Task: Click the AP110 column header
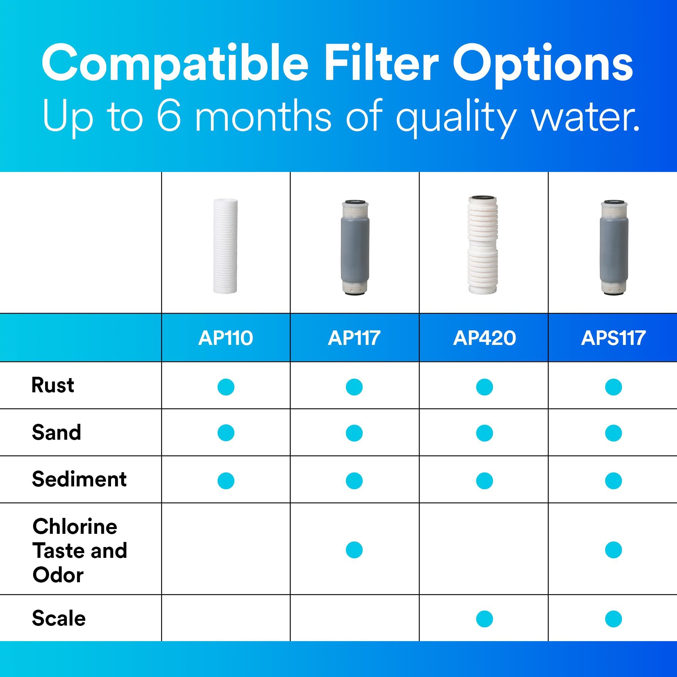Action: click(225, 338)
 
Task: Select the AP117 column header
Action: click(354, 338)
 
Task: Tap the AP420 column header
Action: click(484, 338)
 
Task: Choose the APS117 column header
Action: click(613, 338)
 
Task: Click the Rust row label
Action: click(52, 386)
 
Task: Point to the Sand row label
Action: click(57, 432)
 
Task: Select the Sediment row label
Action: click(79, 479)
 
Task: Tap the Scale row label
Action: click(59, 618)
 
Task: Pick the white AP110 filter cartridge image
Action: click(225, 246)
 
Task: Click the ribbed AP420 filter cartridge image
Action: click(484, 245)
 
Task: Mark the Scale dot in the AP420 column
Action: click(484, 619)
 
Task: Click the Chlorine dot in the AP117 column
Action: click(354, 550)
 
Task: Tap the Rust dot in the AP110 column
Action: click(226, 387)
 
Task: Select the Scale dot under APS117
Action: click(613, 619)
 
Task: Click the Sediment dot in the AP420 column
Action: click(484, 481)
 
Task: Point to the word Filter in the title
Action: click(381, 64)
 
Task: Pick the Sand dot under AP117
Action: click(354, 433)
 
